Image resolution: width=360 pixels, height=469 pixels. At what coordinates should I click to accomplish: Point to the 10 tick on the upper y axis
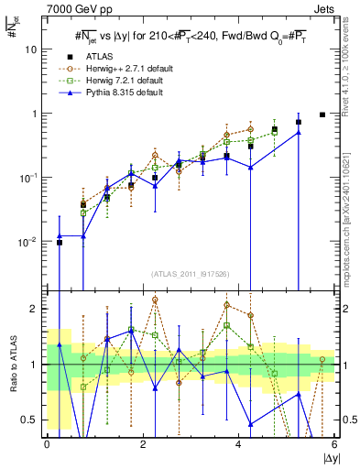tap(35, 49)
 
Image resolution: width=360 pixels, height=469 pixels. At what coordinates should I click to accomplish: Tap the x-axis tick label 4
tap(238, 444)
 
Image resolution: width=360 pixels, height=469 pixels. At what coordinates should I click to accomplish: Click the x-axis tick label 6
tap(334, 444)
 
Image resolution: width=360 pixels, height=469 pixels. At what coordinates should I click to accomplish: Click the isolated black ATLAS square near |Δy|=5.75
tap(322, 115)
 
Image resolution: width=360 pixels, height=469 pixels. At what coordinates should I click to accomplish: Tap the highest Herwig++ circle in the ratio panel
tap(155, 300)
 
